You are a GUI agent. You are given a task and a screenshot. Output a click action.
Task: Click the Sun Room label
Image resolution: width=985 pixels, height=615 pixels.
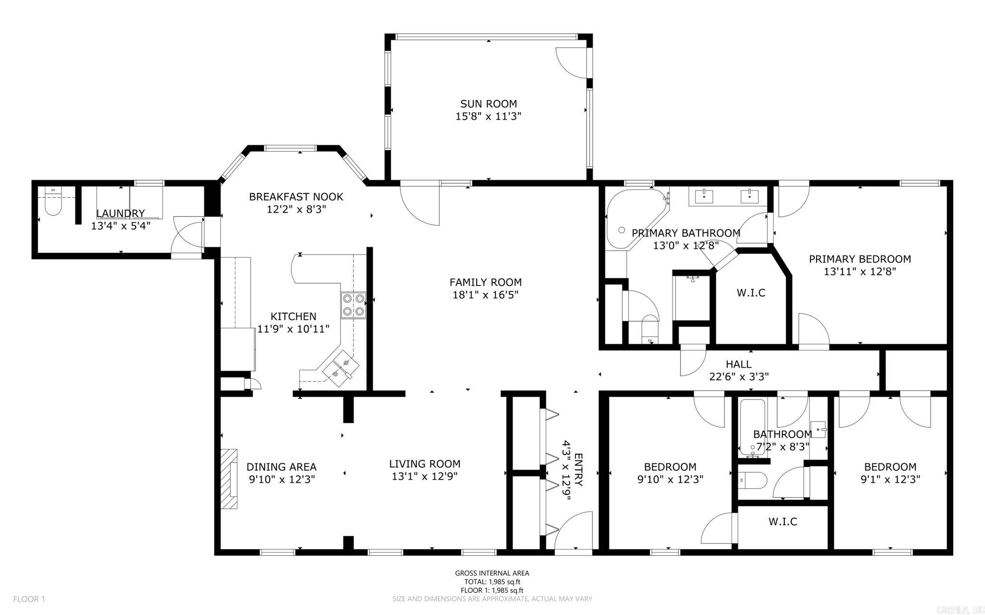click(488, 104)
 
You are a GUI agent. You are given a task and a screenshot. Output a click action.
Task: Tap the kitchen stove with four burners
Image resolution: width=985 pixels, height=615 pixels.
click(354, 305)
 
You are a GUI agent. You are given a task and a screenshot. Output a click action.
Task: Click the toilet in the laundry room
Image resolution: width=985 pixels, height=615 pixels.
click(52, 204)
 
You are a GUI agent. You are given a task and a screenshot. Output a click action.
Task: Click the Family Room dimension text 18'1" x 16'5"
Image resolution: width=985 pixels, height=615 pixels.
click(485, 295)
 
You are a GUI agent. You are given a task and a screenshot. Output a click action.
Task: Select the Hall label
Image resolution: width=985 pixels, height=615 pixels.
click(738, 364)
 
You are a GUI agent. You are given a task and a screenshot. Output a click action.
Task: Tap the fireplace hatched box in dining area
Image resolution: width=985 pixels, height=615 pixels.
click(229, 479)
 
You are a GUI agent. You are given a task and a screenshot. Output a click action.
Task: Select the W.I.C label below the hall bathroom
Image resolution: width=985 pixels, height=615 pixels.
click(783, 522)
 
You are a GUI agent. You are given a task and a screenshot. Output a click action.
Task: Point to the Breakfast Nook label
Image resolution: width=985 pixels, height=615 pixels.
click(296, 197)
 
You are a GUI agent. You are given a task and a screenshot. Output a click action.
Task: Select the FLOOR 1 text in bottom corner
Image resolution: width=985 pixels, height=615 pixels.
click(29, 599)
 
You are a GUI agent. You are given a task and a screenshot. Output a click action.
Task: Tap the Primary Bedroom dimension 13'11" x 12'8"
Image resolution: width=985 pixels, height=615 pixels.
click(859, 272)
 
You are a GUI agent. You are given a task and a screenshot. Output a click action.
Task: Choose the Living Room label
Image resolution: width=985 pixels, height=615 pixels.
click(424, 464)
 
